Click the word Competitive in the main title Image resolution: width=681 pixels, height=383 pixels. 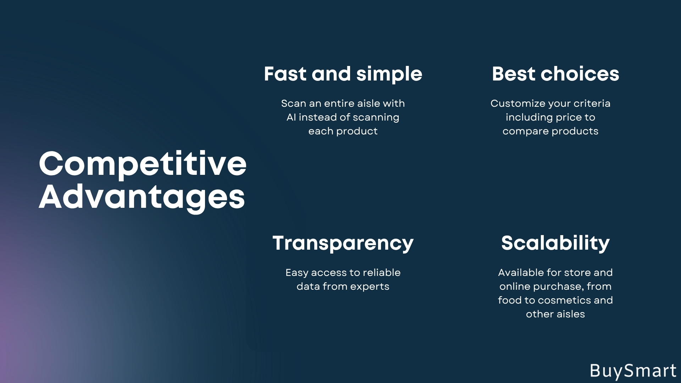[143, 164]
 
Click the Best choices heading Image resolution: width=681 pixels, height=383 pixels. [555, 74]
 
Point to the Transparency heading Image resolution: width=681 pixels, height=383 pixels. [343, 244]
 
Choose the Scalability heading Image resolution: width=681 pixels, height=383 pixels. [555, 244]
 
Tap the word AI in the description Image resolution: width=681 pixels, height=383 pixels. [291, 117]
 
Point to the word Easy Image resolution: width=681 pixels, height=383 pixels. [297, 273]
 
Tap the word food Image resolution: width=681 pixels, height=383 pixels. [510, 300]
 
